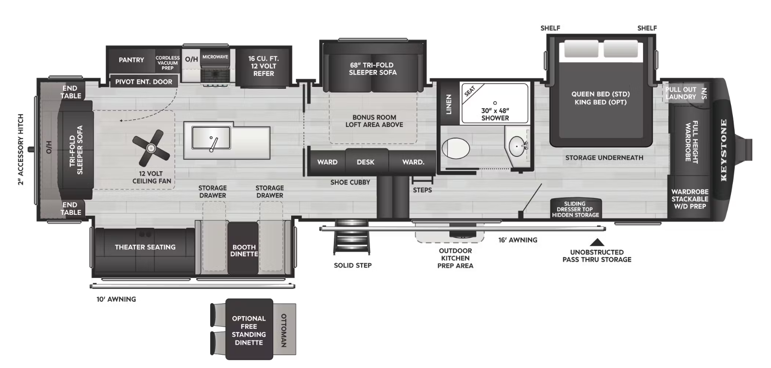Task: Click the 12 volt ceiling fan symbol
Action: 151,148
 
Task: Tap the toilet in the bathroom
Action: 455,149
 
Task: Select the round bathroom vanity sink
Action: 517,146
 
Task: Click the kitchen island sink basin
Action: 211,138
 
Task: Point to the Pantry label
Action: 132,60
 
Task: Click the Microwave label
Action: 215,57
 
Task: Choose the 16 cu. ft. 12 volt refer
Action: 264,66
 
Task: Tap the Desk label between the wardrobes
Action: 366,162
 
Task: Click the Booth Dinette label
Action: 244,251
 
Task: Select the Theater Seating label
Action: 145,247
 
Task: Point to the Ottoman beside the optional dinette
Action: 284,329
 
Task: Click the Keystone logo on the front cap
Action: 723,150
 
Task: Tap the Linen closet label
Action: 449,104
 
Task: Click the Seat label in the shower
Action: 470,91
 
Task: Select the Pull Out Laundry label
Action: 681,93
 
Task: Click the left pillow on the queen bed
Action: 581,48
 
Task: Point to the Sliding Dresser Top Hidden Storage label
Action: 575,209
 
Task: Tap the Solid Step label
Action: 353,265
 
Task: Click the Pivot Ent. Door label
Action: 144,82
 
